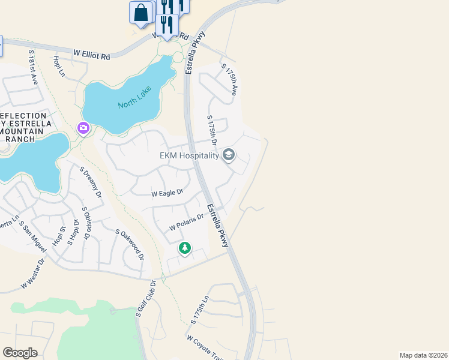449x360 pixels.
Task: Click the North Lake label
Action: tap(135, 97)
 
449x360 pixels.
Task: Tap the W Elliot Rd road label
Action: tap(92, 55)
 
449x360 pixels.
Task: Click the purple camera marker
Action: tap(83, 128)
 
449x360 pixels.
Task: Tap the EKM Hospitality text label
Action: tap(189, 156)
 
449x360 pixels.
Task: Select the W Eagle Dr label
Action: tap(167, 193)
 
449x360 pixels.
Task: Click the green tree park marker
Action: tap(185, 248)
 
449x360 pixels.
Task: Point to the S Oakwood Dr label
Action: tap(130, 244)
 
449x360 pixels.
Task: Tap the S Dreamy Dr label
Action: tap(92, 182)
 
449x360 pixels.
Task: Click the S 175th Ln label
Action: tap(200, 310)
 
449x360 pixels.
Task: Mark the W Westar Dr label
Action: tap(33, 274)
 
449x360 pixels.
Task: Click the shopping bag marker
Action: tap(141, 12)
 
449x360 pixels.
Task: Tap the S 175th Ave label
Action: tap(230, 80)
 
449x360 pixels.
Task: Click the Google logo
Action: tap(20, 353)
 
